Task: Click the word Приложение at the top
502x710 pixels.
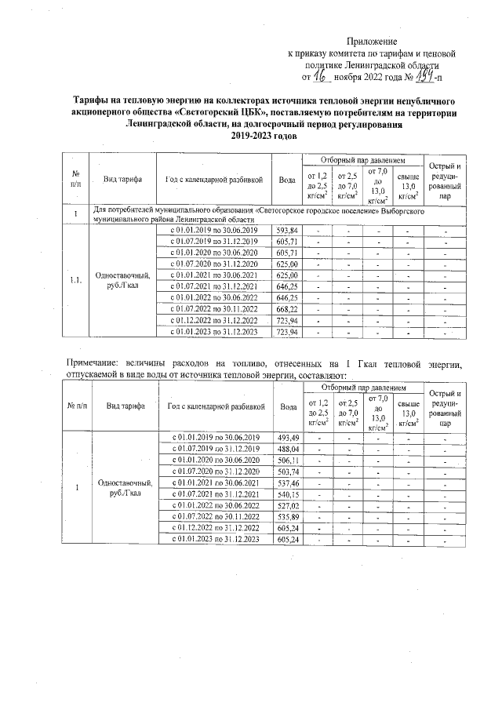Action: click(x=373, y=41)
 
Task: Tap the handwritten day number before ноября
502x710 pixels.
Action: click(x=319, y=75)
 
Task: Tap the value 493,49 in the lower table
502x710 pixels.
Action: click(x=289, y=437)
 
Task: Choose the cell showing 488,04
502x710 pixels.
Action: click(x=289, y=448)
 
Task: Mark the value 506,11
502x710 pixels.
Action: click(x=289, y=460)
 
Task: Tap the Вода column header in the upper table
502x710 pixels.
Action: click(x=287, y=179)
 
